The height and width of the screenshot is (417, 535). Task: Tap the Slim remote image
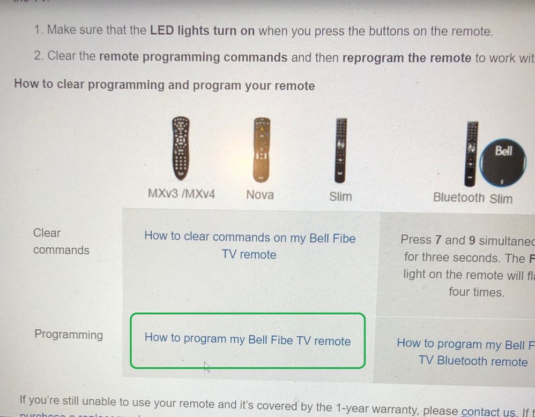(340, 150)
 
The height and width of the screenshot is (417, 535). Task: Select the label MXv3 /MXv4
(181, 194)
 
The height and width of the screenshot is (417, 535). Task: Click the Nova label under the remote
(260, 195)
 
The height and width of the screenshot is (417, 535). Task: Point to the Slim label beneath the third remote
(340, 196)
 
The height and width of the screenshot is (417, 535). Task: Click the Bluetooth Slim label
(472, 198)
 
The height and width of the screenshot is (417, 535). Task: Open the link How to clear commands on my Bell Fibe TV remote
(249, 246)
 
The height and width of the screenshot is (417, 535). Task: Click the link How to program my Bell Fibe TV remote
(247, 339)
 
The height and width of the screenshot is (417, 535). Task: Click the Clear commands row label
(61, 241)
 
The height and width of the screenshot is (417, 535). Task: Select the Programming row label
(69, 335)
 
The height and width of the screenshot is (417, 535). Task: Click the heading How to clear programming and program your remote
(164, 85)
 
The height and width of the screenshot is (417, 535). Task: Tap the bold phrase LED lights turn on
(202, 31)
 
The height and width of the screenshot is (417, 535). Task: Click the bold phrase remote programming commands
(193, 57)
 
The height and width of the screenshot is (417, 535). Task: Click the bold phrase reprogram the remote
(406, 58)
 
